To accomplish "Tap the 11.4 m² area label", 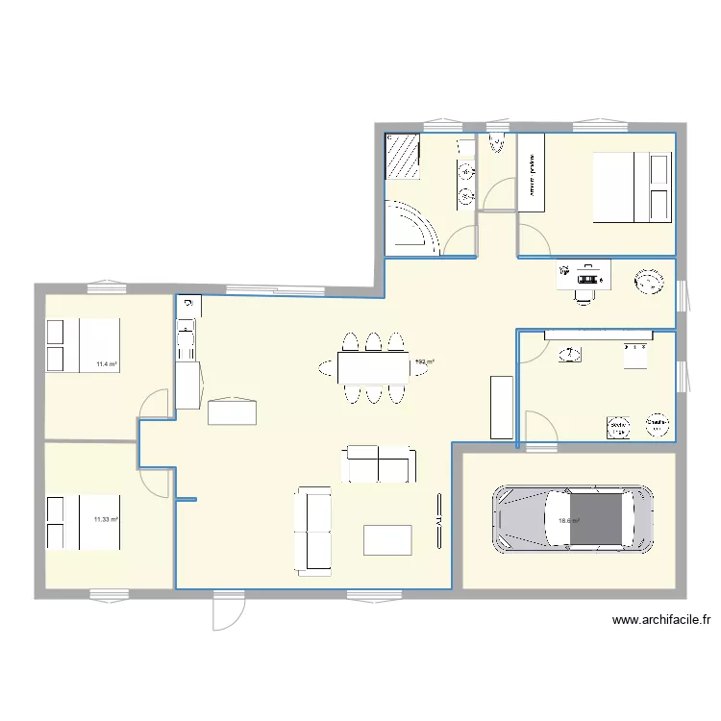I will (x=106, y=364).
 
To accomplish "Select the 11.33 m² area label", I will (x=105, y=520).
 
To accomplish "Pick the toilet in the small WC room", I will (x=496, y=144).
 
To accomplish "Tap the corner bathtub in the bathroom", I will (x=408, y=227).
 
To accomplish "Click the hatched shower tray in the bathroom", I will (x=403, y=157).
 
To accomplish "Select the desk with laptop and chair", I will (x=584, y=278).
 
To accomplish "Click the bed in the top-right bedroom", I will (x=631, y=187).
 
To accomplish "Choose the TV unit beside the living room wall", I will (x=439, y=523).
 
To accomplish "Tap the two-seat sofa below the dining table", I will (x=380, y=464).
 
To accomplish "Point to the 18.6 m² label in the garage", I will (x=568, y=522).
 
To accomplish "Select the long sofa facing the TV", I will (x=312, y=529).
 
